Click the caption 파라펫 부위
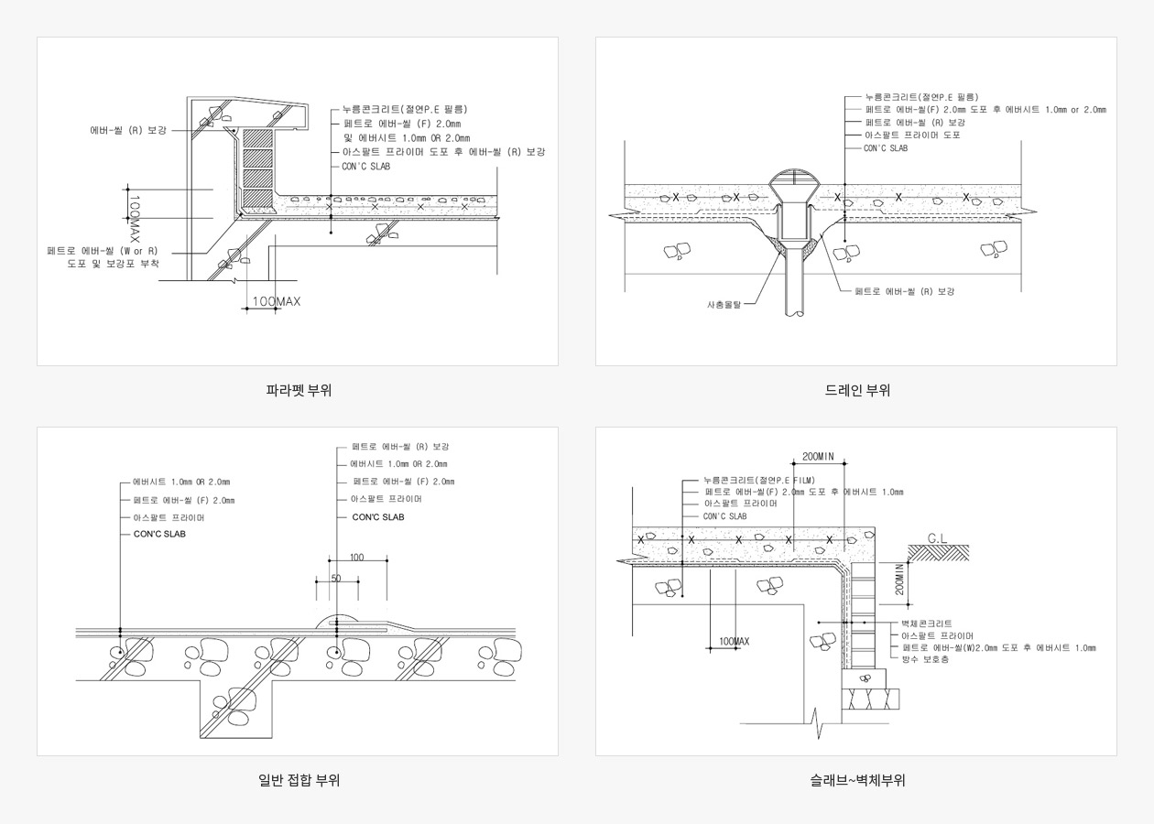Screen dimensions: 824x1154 pos(299,390)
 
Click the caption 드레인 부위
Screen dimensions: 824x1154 pos(857,390)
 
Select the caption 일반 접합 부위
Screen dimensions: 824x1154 pos(299,780)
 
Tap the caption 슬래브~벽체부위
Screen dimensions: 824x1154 pos(857,780)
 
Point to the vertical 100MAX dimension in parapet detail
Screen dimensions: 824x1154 pos(134,216)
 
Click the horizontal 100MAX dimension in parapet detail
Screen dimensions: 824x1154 pos(277,301)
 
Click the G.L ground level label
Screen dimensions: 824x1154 pos(937,538)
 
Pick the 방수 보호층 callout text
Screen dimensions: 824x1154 pos(925,659)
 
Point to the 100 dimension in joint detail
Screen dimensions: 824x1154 pos(356,558)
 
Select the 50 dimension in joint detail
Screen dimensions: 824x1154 pos(336,579)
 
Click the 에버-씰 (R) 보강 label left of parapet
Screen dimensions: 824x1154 pos(128,131)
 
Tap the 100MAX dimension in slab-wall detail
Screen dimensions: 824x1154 pos(735,641)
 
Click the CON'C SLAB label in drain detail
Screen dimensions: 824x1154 pos(886,148)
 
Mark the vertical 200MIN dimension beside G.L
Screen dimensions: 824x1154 pos(900,579)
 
